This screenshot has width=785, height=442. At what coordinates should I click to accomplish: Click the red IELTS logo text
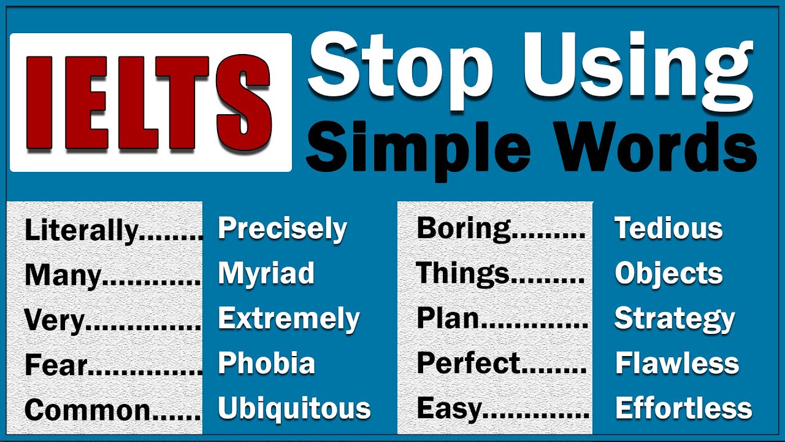[x=150, y=102]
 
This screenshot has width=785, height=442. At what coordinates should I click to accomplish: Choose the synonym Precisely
[x=282, y=229]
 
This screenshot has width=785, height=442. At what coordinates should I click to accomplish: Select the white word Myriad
[x=266, y=274]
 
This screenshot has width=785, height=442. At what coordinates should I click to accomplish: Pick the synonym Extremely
[x=288, y=319]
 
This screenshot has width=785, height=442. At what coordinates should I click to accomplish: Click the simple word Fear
[x=56, y=366]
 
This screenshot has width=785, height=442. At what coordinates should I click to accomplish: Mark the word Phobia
[x=266, y=363]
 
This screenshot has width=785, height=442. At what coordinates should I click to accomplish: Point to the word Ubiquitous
[x=294, y=409]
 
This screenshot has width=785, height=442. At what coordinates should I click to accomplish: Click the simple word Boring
[x=464, y=228]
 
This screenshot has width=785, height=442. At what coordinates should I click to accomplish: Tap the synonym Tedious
[x=668, y=228]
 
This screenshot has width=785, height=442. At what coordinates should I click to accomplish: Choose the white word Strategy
[x=674, y=319]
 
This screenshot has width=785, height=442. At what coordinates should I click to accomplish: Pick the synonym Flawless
[x=676, y=363]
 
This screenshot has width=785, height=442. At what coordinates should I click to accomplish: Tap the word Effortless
[x=683, y=409]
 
